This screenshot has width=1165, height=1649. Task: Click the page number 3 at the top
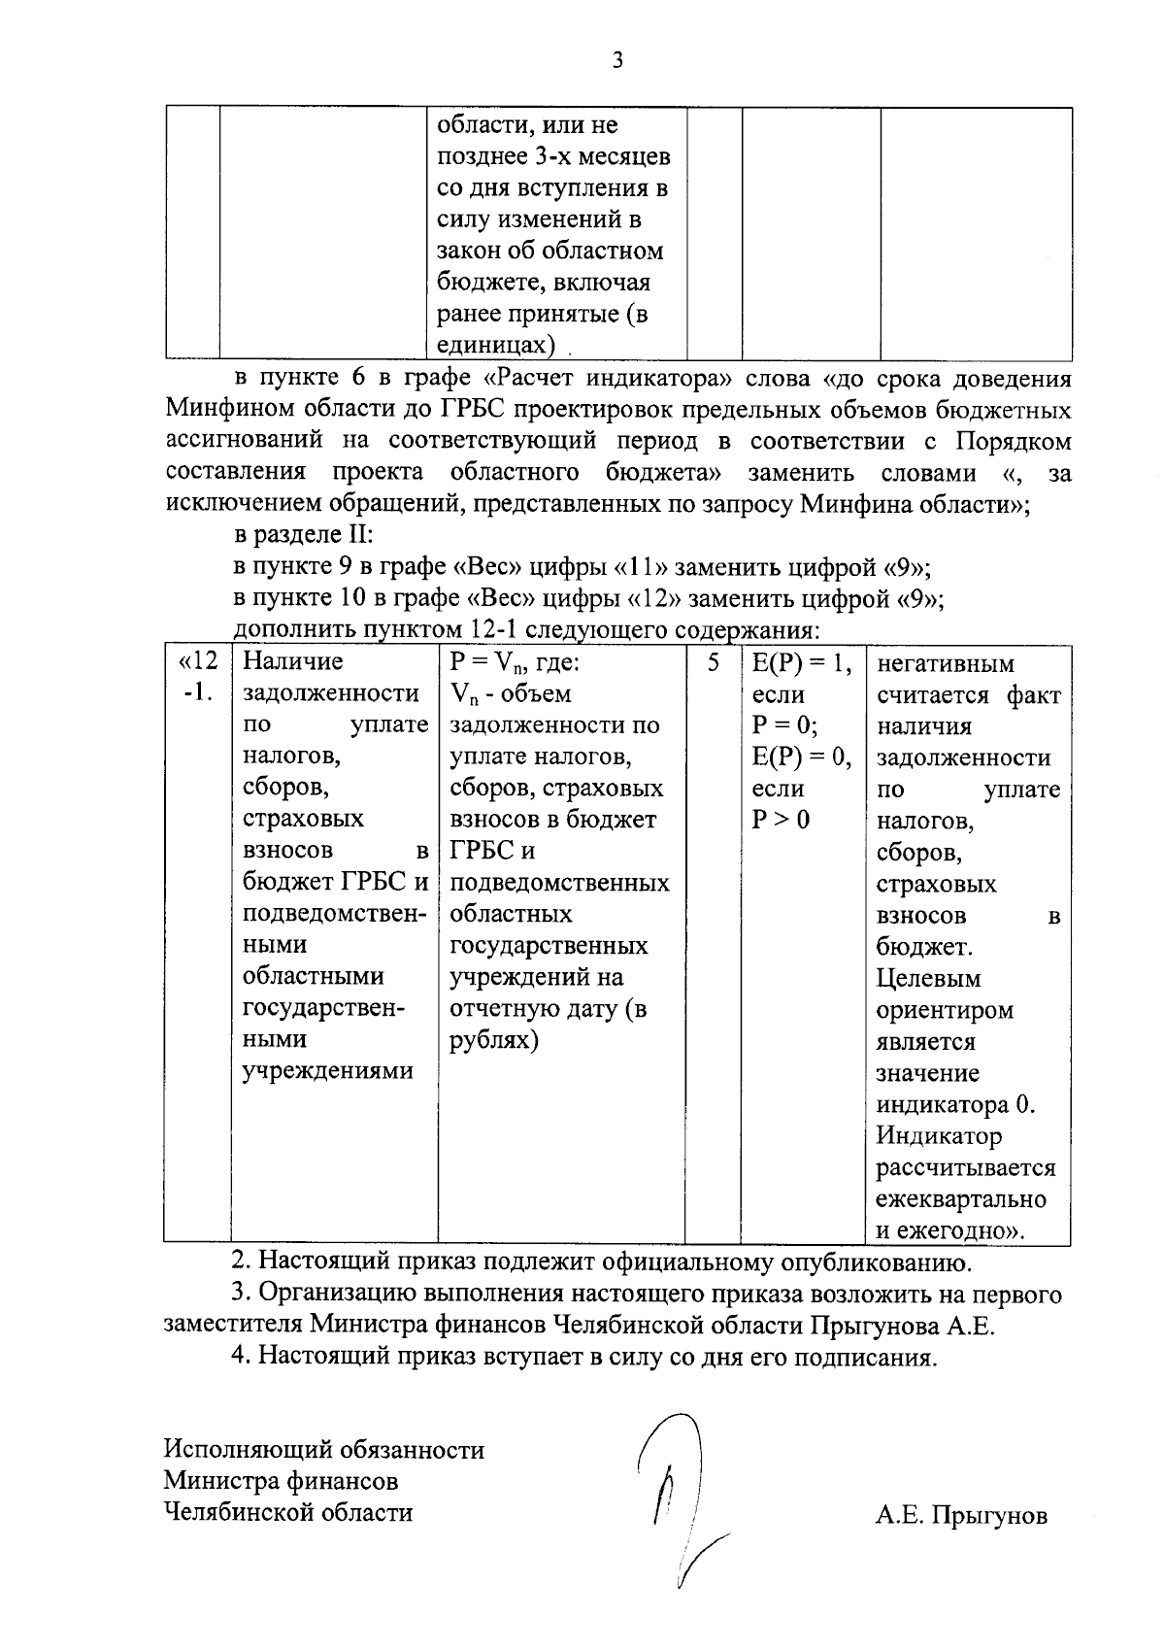tap(617, 60)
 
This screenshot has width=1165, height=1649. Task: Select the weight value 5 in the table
tap(714, 663)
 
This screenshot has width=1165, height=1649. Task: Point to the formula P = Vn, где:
tap(515, 663)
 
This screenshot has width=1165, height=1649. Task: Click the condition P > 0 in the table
tap(781, 820)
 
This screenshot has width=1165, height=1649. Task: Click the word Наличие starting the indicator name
tap(292, 662)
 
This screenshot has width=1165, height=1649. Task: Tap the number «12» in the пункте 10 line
tap(652, 599)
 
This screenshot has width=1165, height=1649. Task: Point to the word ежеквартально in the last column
tap(960, 1198)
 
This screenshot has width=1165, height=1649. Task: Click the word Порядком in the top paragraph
tap(1014, 442)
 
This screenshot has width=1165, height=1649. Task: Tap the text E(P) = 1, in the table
tap(802, 663)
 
